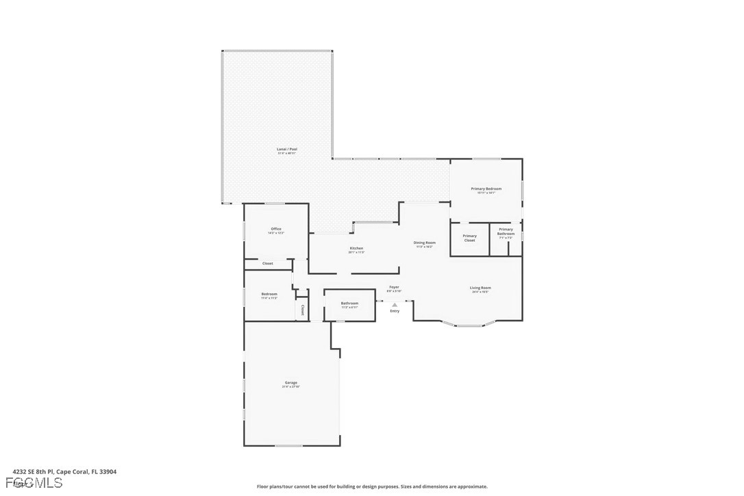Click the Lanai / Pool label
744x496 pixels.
(x=287, y=149)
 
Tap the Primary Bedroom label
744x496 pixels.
(x=486, y=189)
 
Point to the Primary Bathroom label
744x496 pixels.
(x=506, y=232)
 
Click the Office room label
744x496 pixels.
(x=276, y=230)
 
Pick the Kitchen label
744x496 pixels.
(x=356, y=249)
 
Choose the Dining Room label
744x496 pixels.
(x=425, y=243)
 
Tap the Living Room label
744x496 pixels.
(x=480, y=288)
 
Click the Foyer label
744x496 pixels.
(x=394, y=288)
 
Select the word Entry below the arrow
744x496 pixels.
(x=395, y=312)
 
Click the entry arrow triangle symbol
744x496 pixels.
(x=395, y=305)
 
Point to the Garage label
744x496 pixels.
(x=291, y=383)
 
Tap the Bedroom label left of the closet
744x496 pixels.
(x=269, y=295)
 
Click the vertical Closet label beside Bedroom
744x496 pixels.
(x=302, y=310)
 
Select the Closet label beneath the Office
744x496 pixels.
(x=267, y=264)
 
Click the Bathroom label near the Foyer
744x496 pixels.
(x=349, y=303)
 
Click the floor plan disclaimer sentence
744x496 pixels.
(x=372, y=487)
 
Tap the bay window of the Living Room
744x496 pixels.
(x=469, y=325)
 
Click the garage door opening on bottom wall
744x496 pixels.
(x=288, y=446)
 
